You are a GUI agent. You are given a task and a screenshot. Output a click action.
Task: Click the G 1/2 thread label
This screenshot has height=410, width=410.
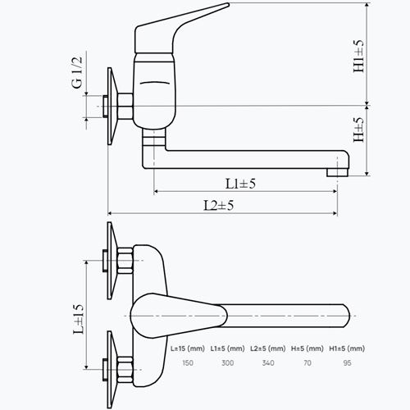pyautogui.click(x=77, y=72)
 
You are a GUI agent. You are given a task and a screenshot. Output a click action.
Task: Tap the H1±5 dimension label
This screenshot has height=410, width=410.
pyautogui.click(x=358, y=56)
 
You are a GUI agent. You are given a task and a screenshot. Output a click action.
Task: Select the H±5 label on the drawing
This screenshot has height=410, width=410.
pyautogui.click(x=358, y=130)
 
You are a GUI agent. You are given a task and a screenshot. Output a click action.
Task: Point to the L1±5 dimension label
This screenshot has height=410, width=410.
pyautogui.click(x=240, y=184)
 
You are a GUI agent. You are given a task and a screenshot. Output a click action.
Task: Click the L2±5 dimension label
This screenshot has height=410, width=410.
pyautogui.click(x=219, y=205)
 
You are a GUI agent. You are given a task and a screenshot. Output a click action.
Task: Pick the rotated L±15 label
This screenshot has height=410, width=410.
pyautogui.click(x=79, y=319)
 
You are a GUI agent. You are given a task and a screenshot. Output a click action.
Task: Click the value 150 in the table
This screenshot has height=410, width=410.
pyautogui.click(x=188, y=363)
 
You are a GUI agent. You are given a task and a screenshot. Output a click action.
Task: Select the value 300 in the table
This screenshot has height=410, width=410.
pyautogui.click(x=227, y=363)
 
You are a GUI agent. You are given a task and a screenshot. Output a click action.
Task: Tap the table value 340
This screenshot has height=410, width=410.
pyautogui.click(x=268, y=363)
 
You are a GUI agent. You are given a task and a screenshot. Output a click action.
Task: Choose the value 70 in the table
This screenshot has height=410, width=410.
pyautogui.click(x=307, y=363)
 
